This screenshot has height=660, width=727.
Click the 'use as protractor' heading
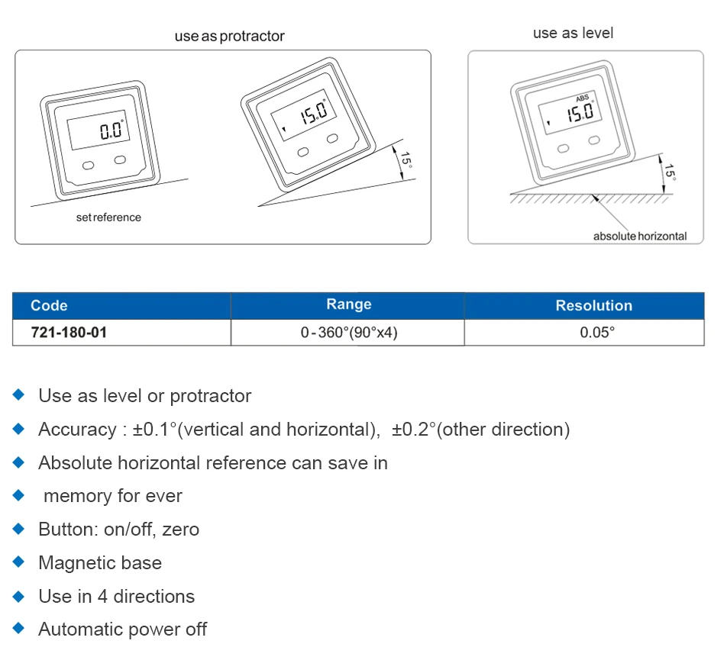pos(230,36)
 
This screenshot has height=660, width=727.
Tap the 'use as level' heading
pos(573,34)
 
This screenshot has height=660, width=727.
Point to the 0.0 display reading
pos(111,130)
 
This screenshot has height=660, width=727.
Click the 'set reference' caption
pos(108,217)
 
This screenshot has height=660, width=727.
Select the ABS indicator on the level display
pos(583,98)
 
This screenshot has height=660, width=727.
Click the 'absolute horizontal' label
pos(640,237)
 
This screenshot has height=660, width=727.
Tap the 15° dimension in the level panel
pos(670,172)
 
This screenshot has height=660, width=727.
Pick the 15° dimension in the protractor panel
pos(406,159)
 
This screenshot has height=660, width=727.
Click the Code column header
pos(49,306)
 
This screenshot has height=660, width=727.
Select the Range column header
pos(349,304)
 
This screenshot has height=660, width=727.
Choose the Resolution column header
pos(594,306)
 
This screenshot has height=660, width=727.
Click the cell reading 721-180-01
pos(69,333)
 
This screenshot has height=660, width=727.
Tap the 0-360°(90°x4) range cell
pos(349,333)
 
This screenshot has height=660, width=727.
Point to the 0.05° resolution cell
pos(597,333)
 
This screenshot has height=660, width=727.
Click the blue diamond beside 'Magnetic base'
pos(18,562)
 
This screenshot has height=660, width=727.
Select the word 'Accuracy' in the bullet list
pos(77,430)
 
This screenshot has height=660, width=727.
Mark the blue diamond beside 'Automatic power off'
pos(18,629)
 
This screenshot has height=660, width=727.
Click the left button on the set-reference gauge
pos(88,166)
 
